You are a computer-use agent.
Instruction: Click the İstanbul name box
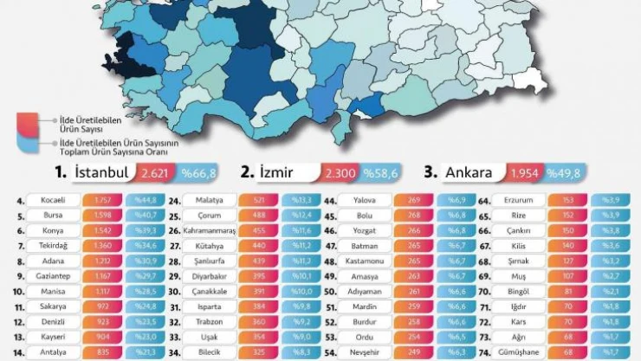click(102, 172)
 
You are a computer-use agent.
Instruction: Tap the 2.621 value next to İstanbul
click(157, 173)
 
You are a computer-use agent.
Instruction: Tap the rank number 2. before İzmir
click(247, 171)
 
